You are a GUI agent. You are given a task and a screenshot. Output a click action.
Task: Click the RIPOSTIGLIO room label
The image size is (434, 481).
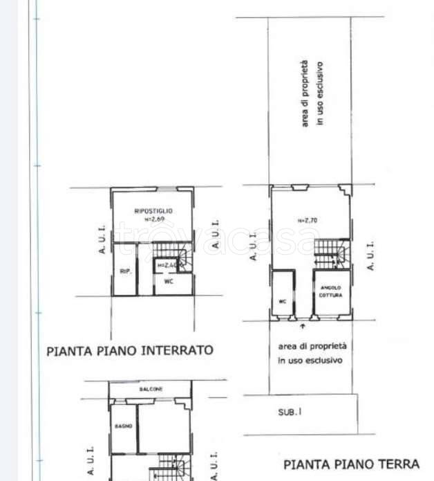pos(153,210)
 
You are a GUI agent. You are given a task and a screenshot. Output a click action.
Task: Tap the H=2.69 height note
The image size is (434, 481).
pos(153,219)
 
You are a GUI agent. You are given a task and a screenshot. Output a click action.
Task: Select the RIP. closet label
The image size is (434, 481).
pos(125,272)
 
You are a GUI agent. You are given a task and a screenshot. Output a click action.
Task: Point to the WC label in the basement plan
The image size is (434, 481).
pos(168,282)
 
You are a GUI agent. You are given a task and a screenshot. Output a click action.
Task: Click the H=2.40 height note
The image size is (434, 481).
pos(168,265)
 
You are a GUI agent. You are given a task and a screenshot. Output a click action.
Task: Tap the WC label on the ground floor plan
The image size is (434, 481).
pos(282,302)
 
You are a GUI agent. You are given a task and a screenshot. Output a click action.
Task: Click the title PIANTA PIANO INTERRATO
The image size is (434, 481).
pos(130,351)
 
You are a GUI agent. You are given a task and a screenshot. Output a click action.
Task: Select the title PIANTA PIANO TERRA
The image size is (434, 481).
pos(350,464)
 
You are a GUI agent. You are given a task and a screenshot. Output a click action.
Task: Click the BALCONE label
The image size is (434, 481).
pos(151,390)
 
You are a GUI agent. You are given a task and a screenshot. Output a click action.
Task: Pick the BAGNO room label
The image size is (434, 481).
pos(123,426)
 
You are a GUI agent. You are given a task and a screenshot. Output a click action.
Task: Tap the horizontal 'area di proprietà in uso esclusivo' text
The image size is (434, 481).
pos(312,353)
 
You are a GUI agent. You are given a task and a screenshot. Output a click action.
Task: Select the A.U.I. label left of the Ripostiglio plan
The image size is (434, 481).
pos(101,239)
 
